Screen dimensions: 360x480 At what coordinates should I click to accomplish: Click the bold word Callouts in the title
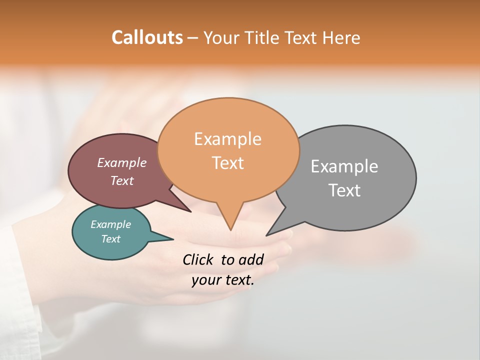tap(147, 37)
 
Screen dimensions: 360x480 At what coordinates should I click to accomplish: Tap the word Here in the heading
tap(341, 37)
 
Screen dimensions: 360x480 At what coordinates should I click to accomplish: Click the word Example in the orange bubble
tap(227, 139)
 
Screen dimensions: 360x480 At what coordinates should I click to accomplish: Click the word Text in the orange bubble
tap(228, 163)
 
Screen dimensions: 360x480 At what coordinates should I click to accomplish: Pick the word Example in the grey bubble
tap(344, 166)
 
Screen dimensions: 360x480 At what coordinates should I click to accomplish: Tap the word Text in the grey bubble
tap(345, 190)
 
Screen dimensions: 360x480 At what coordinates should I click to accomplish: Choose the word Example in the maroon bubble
tap(122, 162)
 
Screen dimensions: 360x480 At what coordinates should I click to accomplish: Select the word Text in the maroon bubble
tap(122, 180)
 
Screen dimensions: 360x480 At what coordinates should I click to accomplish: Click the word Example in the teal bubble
tap(111, 224)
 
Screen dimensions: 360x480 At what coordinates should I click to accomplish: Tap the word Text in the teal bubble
tap(111, 239)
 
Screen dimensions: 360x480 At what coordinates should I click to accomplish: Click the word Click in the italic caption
tap(198, 259)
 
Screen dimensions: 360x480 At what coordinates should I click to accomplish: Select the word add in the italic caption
tap(251, 259)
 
